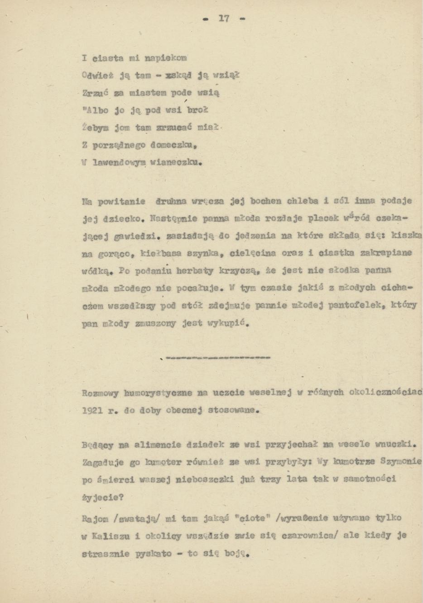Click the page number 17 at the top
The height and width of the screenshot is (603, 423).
pyautogui.click(x=224, y=19)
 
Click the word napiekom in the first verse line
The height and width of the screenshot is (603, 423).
pyautogui.click(x=165, y=58)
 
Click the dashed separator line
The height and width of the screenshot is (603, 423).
pyautogui.click(x=217, y=357)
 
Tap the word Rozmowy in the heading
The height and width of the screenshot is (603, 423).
pyautogui.click(x=100, y=393)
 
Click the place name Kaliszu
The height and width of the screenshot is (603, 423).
pyautogui.click(x=111, y=536)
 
